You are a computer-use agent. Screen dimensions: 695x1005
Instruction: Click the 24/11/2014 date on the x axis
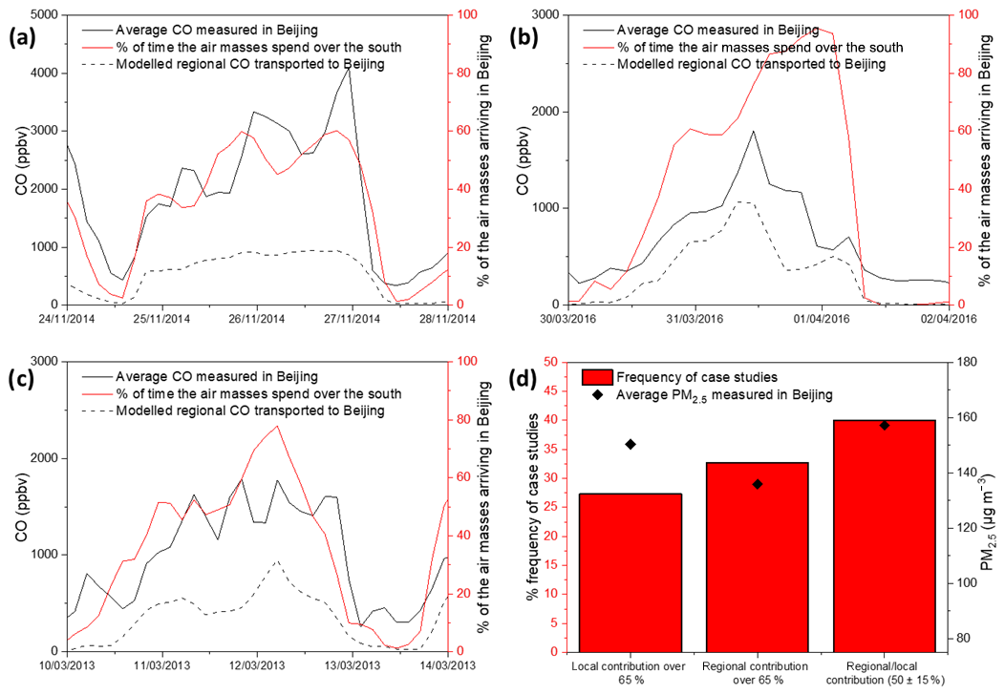pos(66,319)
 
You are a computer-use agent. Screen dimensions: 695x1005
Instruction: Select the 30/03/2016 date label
pos(568,319)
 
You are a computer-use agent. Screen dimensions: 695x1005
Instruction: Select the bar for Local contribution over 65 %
pos(630,572)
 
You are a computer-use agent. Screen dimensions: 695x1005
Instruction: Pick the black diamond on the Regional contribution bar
pos(757,484)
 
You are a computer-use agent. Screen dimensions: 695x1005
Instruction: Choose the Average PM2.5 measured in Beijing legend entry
pos(706,392)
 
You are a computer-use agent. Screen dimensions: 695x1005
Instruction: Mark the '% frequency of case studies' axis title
pos(532,506)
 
